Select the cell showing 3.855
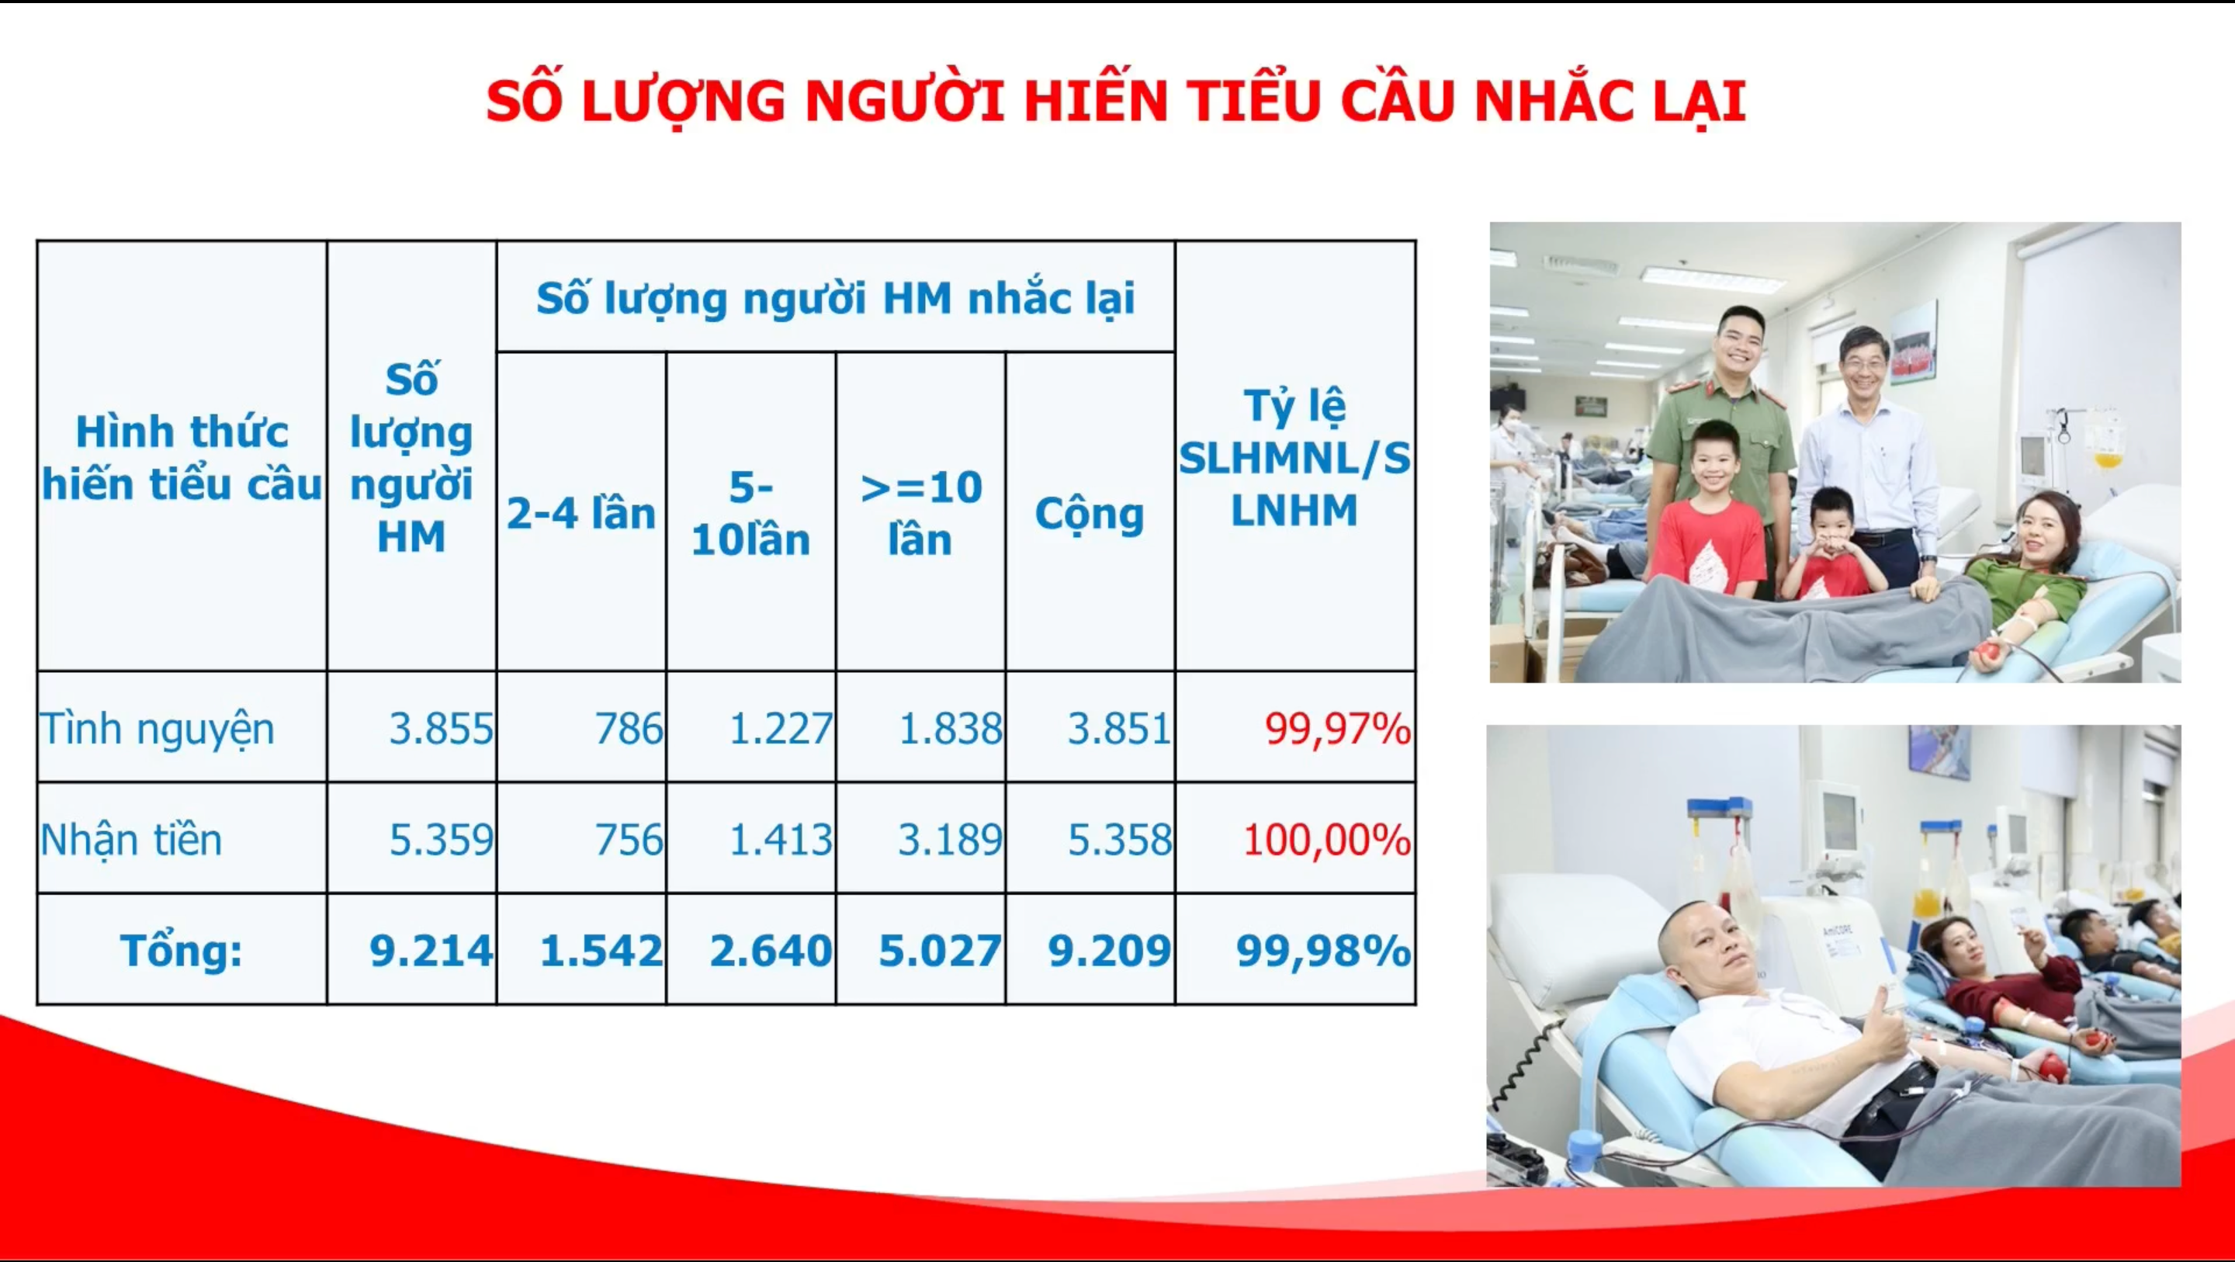(441, 728)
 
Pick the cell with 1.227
(781, 728)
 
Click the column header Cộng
(1090, 514)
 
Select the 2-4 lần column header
(581, 514)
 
